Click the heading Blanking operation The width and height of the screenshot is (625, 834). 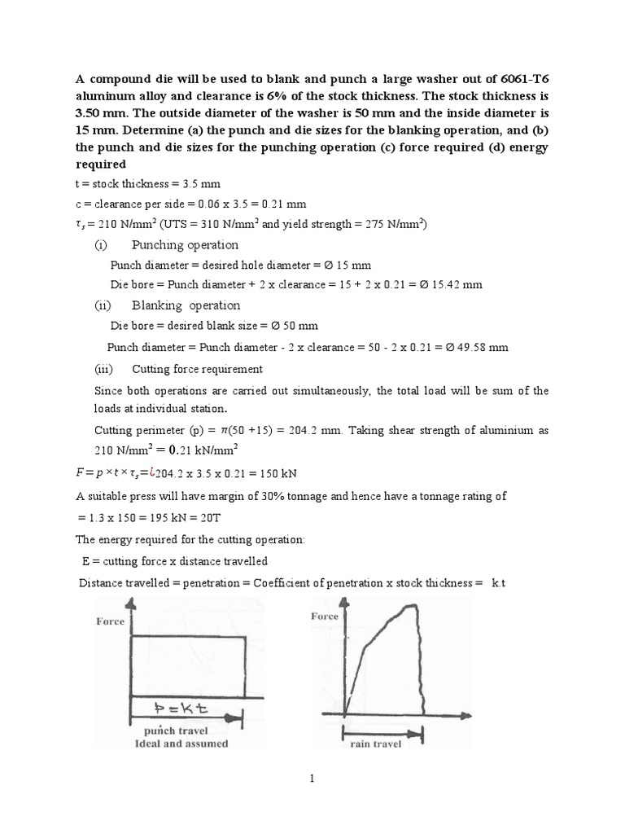[x=186, y=305]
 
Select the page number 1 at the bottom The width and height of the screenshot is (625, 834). [x=312, y=779]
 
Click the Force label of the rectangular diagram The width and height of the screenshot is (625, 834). [x=110, y=621]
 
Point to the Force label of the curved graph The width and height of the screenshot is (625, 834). [x=325, y=617]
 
